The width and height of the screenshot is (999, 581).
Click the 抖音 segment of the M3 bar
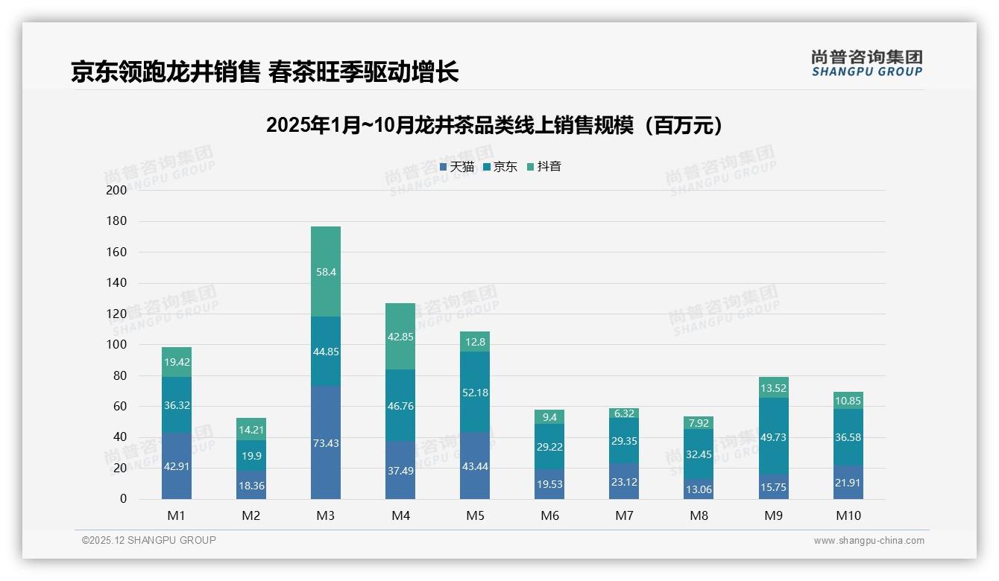click(326, 272)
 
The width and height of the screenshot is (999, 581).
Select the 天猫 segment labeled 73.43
click(326, 443)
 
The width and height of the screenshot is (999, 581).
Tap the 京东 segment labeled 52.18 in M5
click(475, 393)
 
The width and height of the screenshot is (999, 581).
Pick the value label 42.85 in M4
click(400, 337)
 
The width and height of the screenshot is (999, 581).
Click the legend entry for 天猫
click(457, 167)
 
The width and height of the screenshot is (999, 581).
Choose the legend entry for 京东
click(500, 167)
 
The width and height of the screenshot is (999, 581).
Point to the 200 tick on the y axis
click(117, 191)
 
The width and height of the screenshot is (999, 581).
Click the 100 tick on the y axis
click(117, 345)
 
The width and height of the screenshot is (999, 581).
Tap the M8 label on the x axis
click(699, 515)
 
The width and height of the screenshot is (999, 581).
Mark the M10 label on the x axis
click(848, 515)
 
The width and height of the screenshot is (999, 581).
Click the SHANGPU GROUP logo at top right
click(867, 63)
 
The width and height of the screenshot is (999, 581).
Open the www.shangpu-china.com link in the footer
click(869, 541)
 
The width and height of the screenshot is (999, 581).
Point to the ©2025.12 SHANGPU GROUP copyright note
click(149, 541)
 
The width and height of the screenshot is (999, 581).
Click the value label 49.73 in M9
click(773, 436)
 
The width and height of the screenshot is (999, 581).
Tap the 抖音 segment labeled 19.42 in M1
click(177, 362)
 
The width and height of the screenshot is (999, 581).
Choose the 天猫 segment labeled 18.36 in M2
click(251, 485)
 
